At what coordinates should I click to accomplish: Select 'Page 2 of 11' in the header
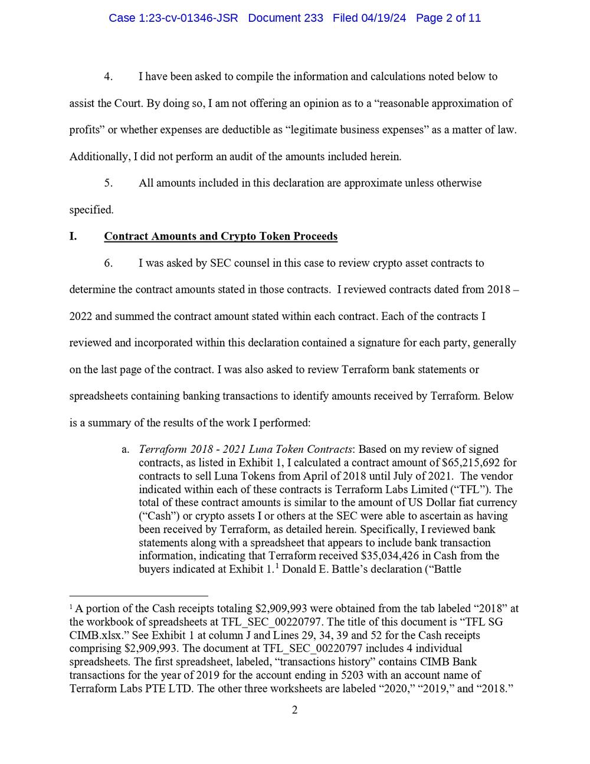(x=448, y=18)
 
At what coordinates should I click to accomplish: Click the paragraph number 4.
(x=109, y=77)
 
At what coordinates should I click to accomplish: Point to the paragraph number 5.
(x=109, y=183)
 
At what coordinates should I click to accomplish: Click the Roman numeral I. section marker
(x=73, y=237)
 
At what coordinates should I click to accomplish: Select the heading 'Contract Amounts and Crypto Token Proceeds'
(x=221, y=237)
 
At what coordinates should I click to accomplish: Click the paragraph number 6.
(x=109, y=263)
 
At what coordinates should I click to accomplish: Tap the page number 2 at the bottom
(x=294, y=710)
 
